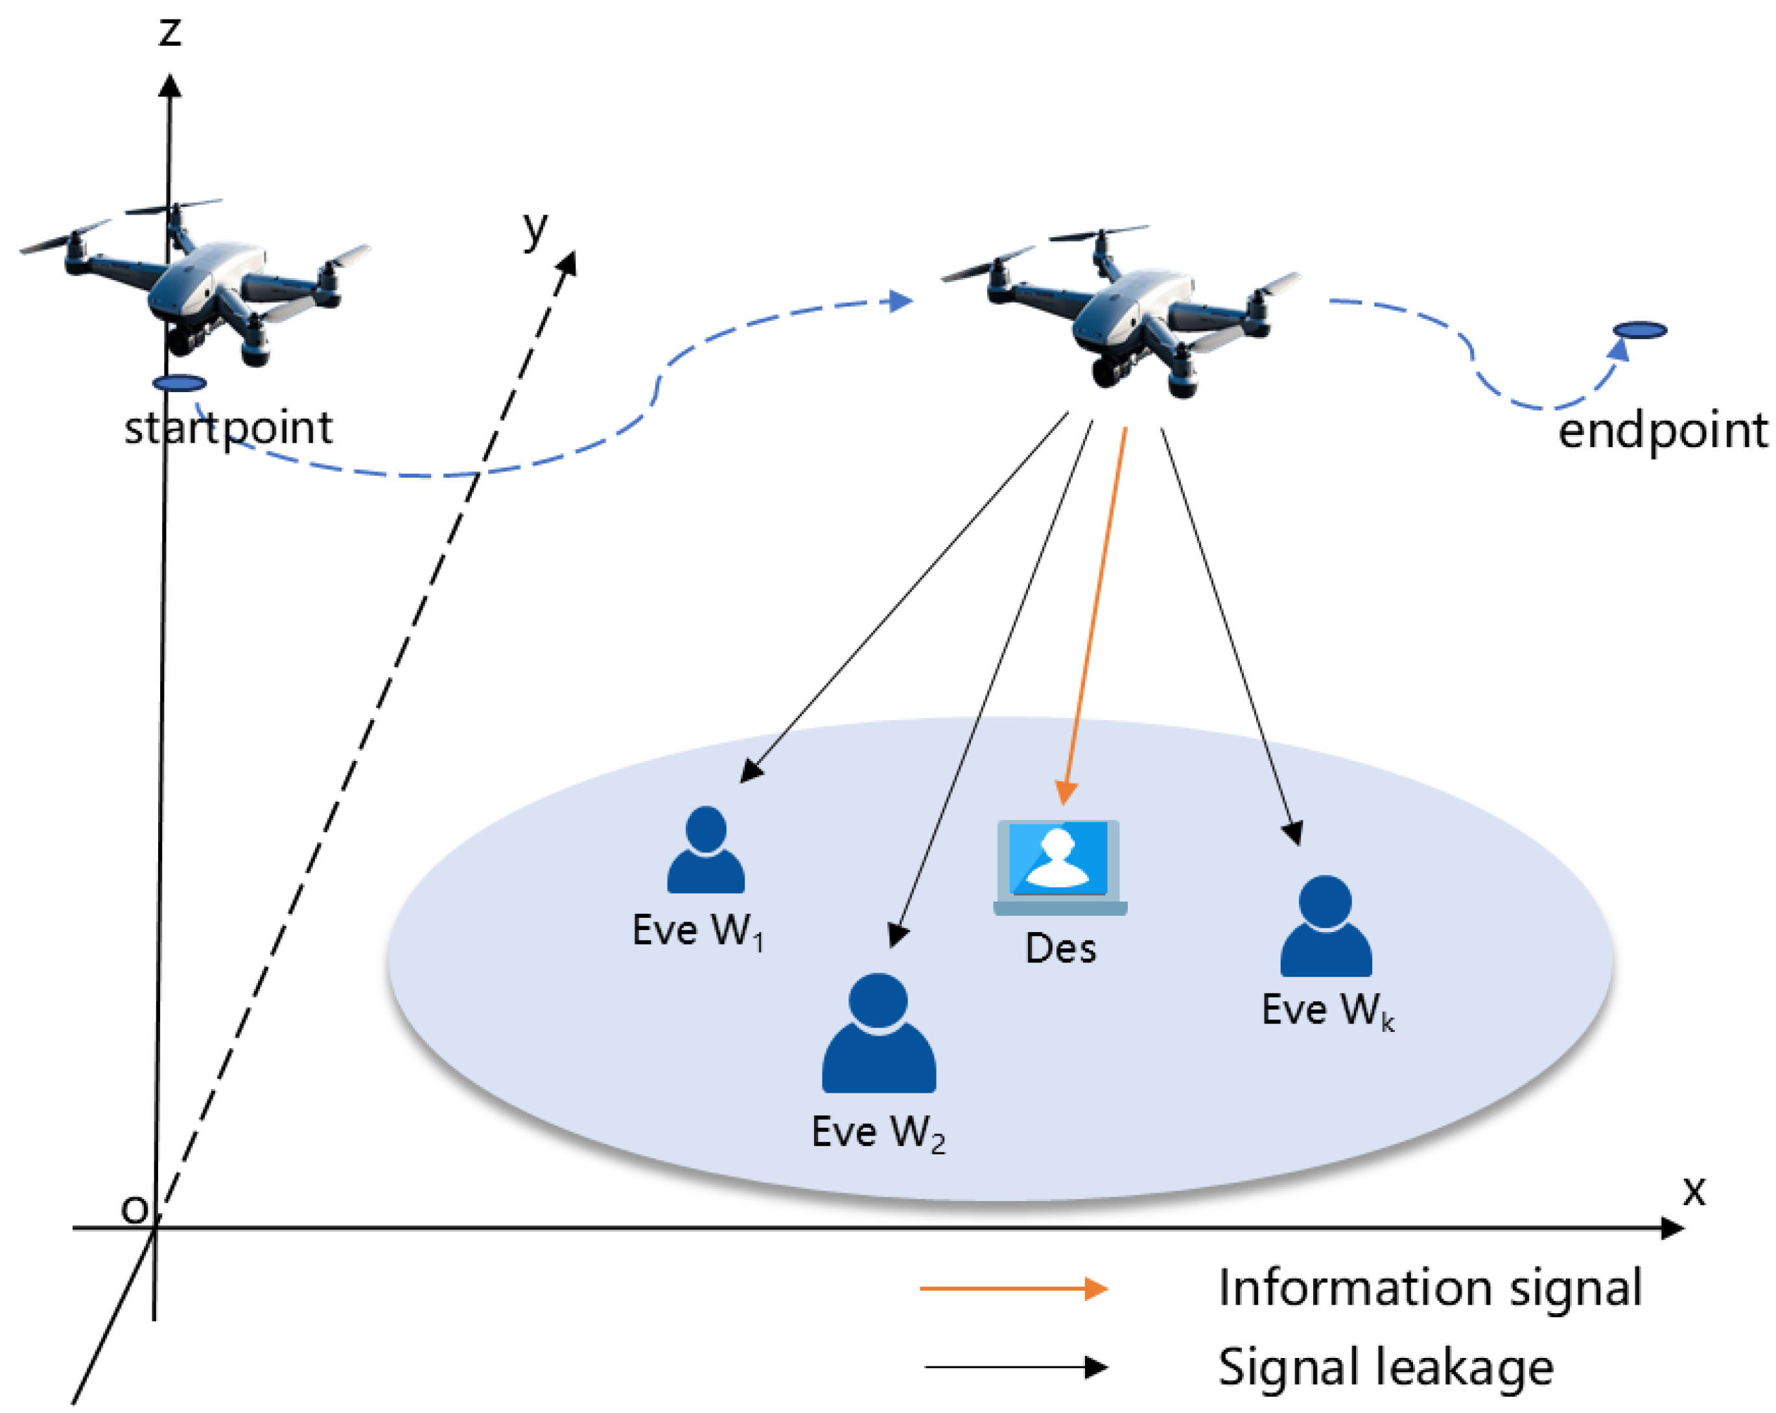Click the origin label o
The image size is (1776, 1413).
coord(134,1209)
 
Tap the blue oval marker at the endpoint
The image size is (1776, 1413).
coord(1639,331)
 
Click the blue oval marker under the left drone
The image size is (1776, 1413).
coord(179,383)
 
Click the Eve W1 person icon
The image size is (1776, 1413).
coord(705,850)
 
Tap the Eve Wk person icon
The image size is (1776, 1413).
coord(1326,927)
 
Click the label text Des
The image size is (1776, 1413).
coord(1060,949)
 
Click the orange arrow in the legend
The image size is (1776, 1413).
coord(1013,1289)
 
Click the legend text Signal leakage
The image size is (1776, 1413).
coord(1386,1368)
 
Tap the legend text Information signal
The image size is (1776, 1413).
coord(1430,1289)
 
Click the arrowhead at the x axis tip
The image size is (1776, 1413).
coord(1672,1228)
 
